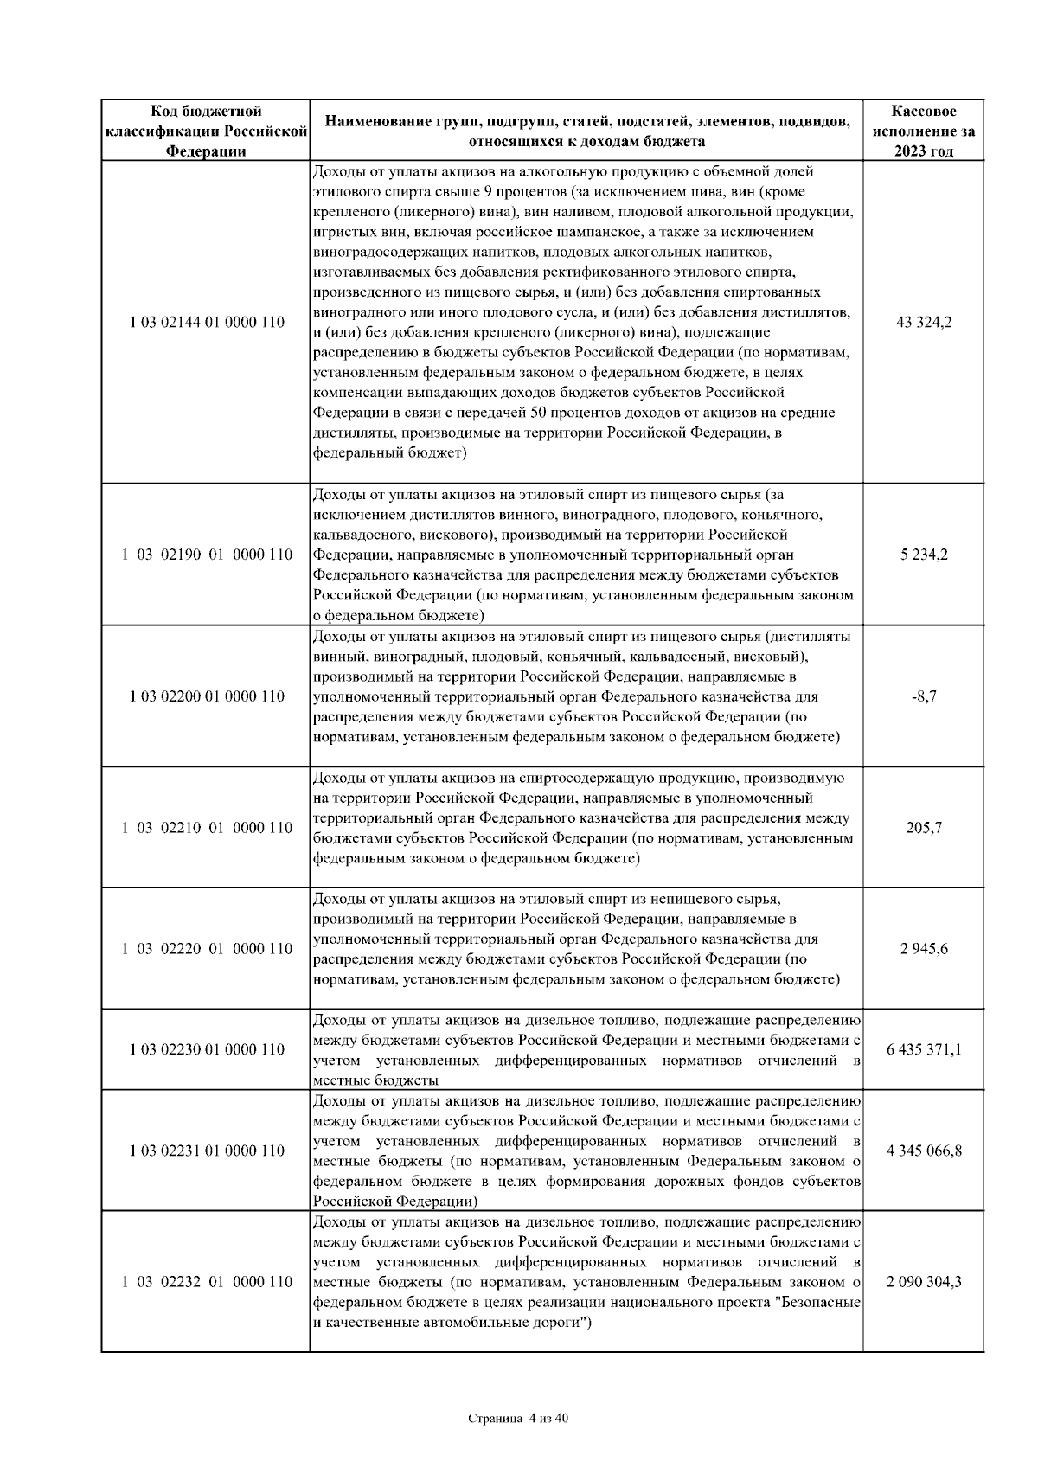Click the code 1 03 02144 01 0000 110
[x=207, y=323]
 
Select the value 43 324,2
[x=924, y=323]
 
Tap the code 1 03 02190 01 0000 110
[x=207, y=555]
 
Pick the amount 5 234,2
[x=924, y=555]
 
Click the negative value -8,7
[x=924, y=696]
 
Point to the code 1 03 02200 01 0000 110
[x=207, y=696]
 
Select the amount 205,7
[x=924, y=828]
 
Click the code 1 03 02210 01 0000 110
[x=207, y=828]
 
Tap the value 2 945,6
[x=924, y=949]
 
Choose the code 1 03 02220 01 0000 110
[x=207, y=949]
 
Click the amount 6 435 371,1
[x=924, y=1049]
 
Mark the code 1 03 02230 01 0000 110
[x=207, y=1049]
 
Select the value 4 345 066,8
[x=924, y=1151]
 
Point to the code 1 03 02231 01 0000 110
[x=207, y=1151]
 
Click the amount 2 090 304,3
[x=924, y=1282]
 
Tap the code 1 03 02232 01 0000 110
[x=207, y=1282]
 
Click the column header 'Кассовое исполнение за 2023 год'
[x=924, y=131]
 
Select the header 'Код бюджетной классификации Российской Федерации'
[x=207, y=131]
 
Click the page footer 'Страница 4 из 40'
[x=518, y=1419]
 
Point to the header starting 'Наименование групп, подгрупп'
[x=586, y=131]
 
